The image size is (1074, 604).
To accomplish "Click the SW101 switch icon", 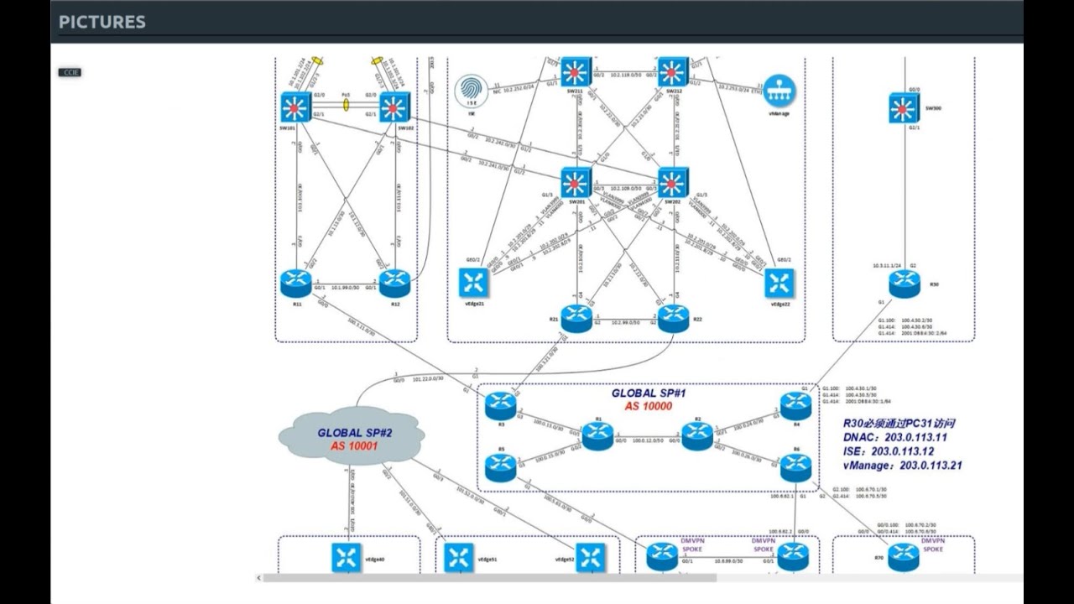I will point(296,107).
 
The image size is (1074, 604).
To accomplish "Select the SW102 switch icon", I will point(394,107).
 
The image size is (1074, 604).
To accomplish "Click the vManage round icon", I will point(779,91).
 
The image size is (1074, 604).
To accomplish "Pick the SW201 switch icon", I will point(576,183).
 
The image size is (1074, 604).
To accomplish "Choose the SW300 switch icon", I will point(904,107).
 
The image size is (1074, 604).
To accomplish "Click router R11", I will point(296,283).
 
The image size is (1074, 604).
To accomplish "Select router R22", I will point(673,318).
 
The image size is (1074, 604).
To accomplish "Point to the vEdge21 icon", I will point(474,283).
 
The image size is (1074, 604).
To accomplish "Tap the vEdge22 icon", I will point(779,283).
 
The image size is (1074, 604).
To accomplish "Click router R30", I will point(904,283).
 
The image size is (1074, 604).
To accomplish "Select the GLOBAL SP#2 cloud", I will point(351,436).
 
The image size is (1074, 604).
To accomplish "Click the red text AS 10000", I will point(648,406).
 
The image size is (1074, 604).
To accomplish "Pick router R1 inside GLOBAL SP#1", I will point(598,435).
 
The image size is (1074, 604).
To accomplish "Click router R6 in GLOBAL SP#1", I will point(795,467).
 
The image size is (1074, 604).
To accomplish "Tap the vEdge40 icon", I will point(346,558).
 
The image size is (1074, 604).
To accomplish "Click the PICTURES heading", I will point(102,23).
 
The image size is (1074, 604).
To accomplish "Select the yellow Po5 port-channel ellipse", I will point(345,107).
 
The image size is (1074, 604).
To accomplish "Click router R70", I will point(904,555).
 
